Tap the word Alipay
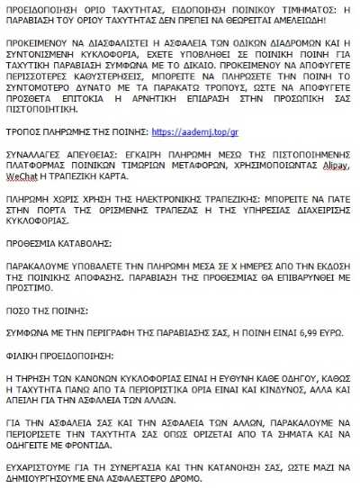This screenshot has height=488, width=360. click(337, 167)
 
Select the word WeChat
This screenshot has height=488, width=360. click(20, 177)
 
